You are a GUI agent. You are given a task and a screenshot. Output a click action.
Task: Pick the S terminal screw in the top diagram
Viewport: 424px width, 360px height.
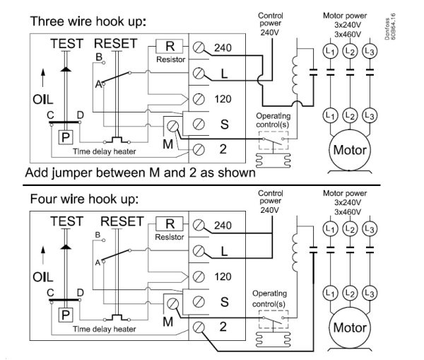point(199,124)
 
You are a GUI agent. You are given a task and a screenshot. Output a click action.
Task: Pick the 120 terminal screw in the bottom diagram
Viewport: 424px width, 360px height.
point(199,276)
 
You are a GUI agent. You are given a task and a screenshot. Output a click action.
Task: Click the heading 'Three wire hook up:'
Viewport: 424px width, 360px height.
point(87,21)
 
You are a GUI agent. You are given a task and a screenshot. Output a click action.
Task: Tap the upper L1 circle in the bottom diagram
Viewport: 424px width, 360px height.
point(329,228)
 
